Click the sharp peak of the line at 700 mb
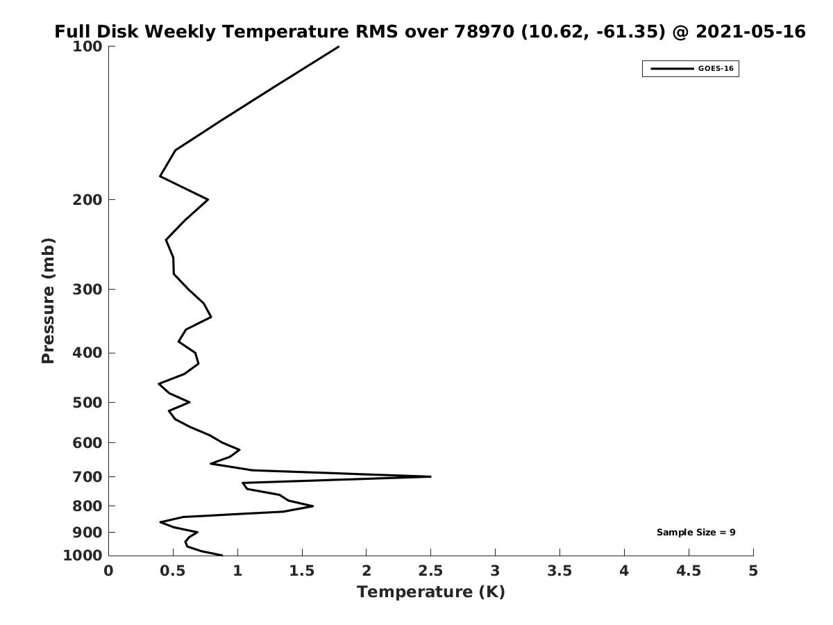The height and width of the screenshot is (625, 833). click(x=430, y=476)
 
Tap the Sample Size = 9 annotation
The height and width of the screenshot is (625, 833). click(x=696, y=533)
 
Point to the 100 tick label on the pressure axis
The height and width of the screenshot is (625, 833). click(x=87, y=47)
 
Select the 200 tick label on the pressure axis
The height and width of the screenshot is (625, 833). click(x=87, y=200)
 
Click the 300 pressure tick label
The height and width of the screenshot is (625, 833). click(x=87, y=289)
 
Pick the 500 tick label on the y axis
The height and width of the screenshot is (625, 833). click(x=87, y=403)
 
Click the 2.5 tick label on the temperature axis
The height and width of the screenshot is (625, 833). click(x=430, y=571)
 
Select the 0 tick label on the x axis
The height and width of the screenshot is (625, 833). click(x=109, y=571)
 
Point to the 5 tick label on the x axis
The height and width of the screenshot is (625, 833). click(x=753, y=571)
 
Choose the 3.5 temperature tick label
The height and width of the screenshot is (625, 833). click(x=559, y=571)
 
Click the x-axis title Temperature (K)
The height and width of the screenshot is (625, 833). click(x=430, y=592)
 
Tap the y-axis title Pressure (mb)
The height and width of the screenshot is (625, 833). click(x=48, y=301)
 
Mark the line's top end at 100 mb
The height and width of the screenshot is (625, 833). click(x=339, y=47)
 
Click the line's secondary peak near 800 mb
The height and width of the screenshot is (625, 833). click(x=313, y=506)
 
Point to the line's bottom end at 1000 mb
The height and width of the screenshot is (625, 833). click(x=222, y=555)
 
